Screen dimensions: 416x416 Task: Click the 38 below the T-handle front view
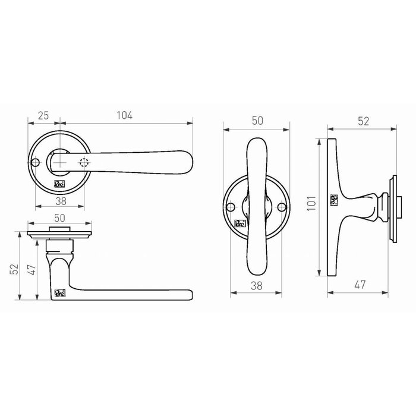(x=257, y=286)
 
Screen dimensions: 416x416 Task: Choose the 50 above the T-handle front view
(x=257, y=120)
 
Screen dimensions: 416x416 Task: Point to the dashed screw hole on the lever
(x=84, y=162)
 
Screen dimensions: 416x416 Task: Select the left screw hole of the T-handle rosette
(x=231, y=207)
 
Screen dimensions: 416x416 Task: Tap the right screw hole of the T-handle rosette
(x=282, y=207)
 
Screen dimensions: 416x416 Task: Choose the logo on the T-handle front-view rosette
(x=239, y=223)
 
